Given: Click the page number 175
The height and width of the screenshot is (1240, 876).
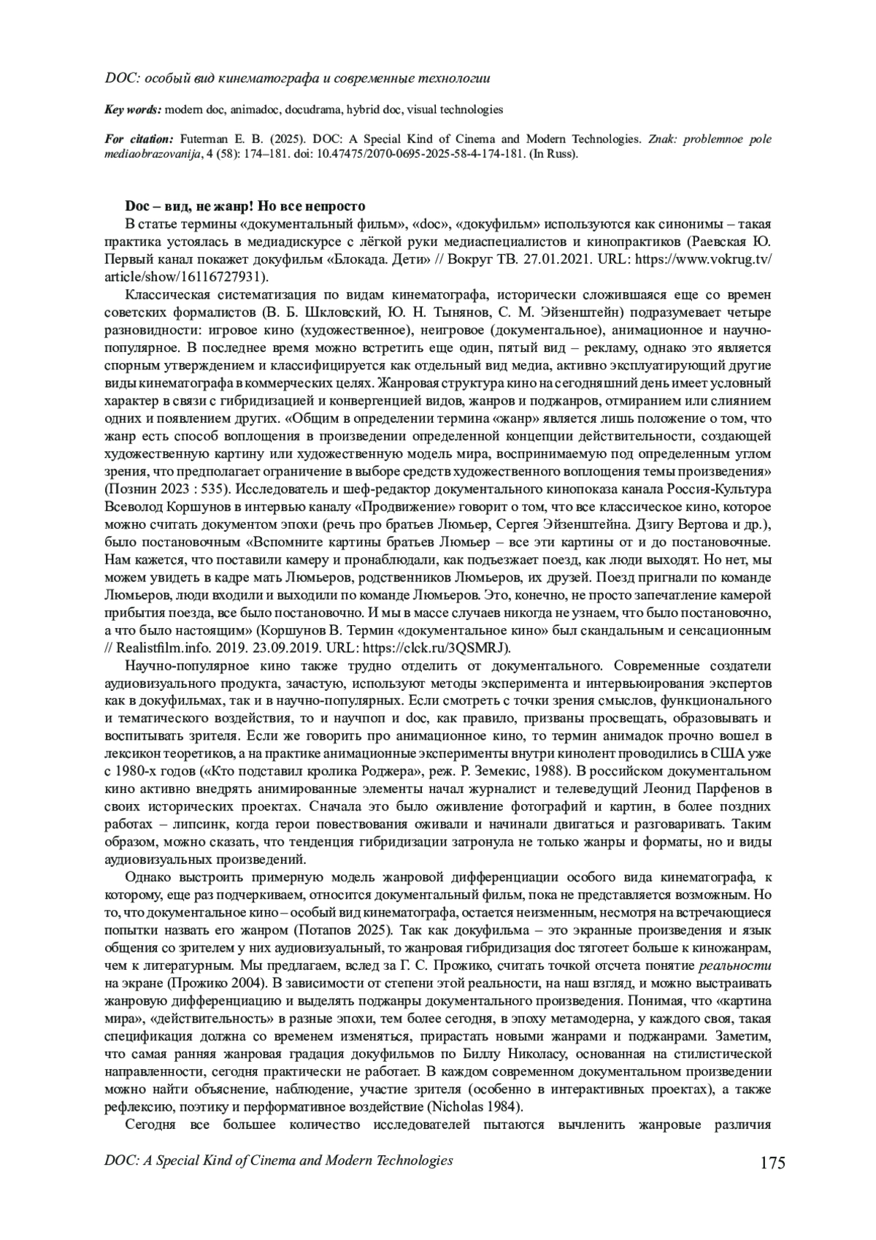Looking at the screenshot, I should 772,1163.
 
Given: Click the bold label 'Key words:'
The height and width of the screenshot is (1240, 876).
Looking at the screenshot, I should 134,110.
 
